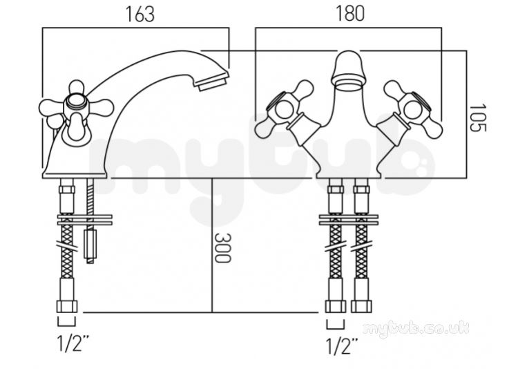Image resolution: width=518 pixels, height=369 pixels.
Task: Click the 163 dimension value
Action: point(140,15)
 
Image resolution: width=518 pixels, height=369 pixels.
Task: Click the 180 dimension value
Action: point(350,14)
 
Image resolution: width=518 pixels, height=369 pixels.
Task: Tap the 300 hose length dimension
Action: point(222,247)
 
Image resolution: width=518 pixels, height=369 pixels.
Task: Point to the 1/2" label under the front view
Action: point(342,346)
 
